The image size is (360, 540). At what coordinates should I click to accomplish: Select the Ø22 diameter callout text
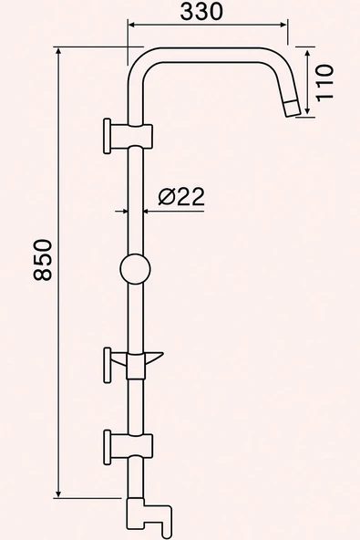point(180,196)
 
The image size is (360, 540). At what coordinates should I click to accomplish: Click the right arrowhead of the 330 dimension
point(283,27)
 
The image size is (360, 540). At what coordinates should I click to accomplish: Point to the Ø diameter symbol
point(165,196)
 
